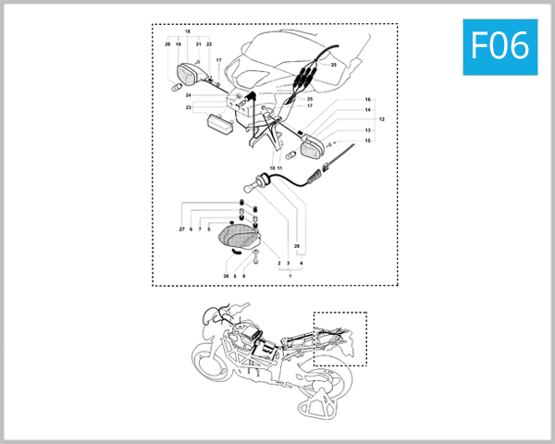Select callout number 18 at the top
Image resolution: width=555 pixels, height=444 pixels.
pyautogui.click(x=188, y=31)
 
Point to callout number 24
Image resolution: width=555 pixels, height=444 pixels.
pyautogui.click(x=187, y=95)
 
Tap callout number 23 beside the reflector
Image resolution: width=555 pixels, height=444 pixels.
pyautogui.click(x=187, y=108)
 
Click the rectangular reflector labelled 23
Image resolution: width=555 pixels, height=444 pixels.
pyautogui.click(x=222, y=124)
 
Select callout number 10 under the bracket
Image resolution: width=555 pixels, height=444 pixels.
pyautogui.click(x=272, y=168)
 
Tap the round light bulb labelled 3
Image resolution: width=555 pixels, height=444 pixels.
pyautogui.click(x=258, y=182)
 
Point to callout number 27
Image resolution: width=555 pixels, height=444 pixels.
pyautogui.click(x=181, y=228)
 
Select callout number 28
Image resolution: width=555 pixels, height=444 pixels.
pyautogui.click(x=296, y=246)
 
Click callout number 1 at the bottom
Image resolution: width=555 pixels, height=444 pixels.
pyautogui.click(x=290, y=277)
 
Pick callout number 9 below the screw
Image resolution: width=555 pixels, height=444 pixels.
pyautogui.click(x=244, y=276)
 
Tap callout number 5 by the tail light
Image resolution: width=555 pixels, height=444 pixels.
pyautogui.click(x=209, y=228)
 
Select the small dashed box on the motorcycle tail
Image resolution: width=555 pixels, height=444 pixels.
pyautogui.click(x=340, y=339)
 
